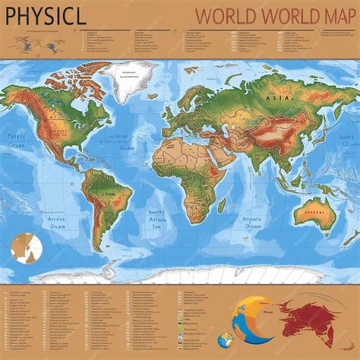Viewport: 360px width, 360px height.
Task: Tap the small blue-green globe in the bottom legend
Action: click(225, 339)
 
